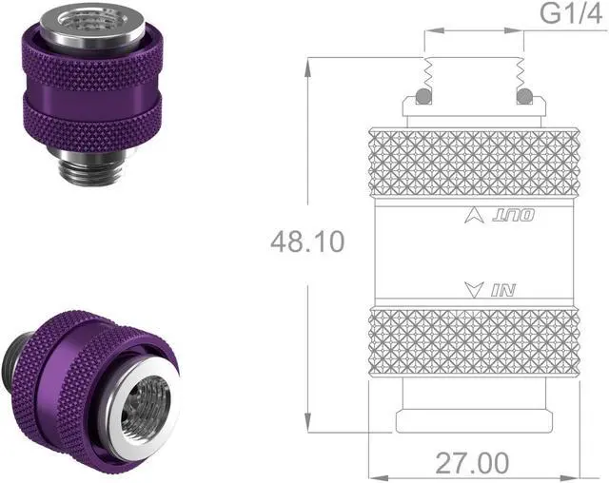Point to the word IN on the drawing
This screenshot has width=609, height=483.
coord(501,289)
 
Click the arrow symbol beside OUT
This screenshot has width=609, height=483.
coord(469,216)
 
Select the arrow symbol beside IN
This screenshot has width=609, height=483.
coord(469,289)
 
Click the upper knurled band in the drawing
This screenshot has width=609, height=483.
coord(473,162)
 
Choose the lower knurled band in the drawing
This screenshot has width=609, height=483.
coord(473,340)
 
